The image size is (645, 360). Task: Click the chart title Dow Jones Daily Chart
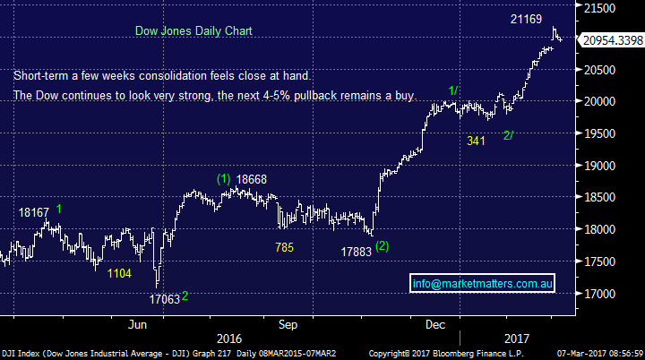pyautogui.click(x=193, y=30)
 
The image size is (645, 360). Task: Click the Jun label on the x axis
pyautogui.click(x=138, y=323)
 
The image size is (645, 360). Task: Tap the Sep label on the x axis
pyautogui.click(x=288, y=323)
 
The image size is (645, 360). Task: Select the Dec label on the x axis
pyautogui.click(x=437, y=323)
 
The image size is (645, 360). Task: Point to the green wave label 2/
pyautogui.click(x=508, y=135)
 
